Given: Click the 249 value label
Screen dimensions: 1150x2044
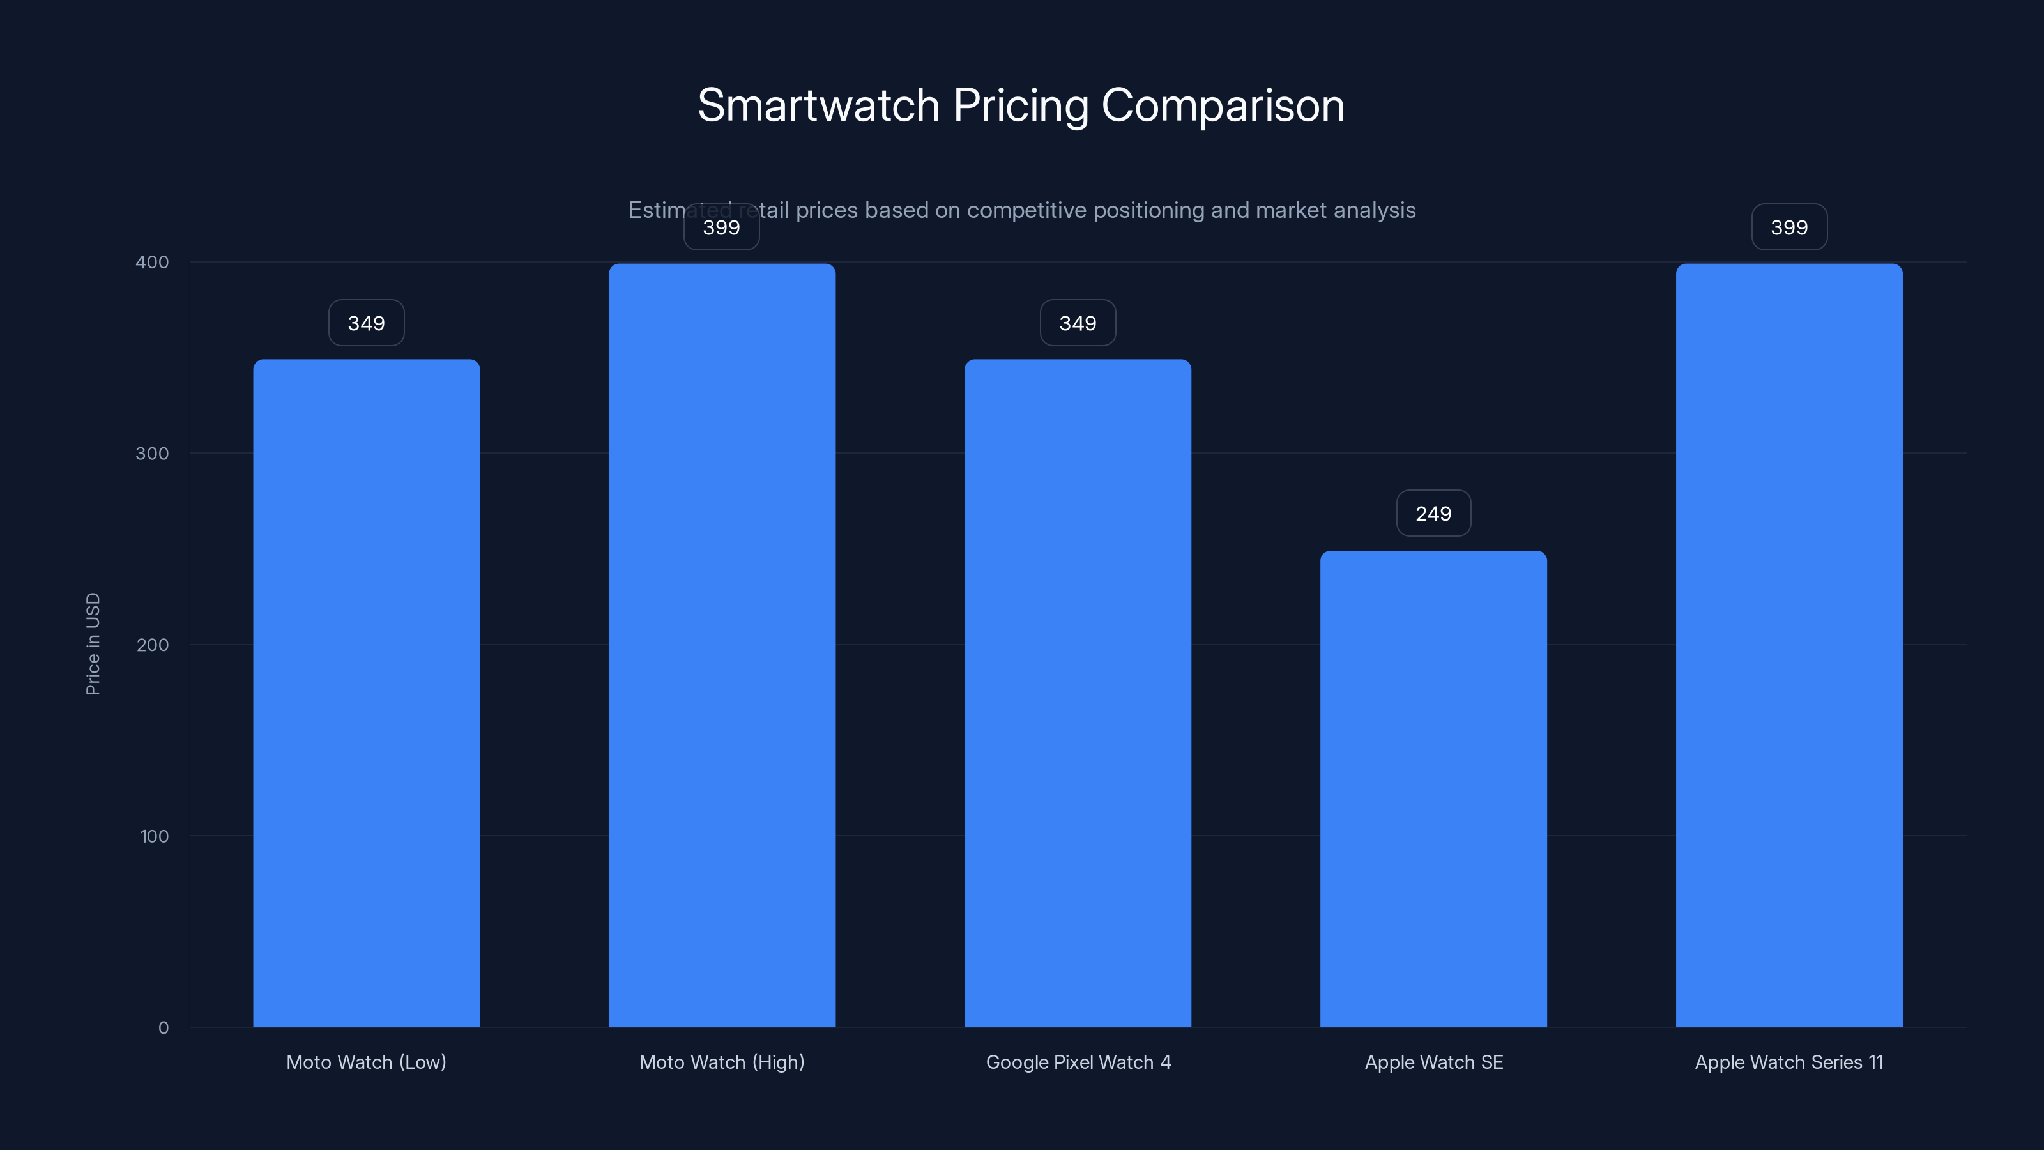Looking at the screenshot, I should click(1433, 514).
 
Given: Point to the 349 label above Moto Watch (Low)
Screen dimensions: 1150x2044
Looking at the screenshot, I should click(366, 323).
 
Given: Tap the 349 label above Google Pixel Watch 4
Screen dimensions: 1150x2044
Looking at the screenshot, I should click(1078, 323).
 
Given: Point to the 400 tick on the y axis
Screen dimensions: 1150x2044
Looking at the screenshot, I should click(153, 262).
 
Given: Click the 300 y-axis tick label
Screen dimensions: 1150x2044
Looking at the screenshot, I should click(153, 453).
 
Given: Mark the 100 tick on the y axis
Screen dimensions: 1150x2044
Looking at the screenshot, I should click(154, 836).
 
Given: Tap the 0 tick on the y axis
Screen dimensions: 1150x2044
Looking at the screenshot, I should click(164, 1028).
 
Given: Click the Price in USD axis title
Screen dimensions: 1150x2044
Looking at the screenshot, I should click(93, 643).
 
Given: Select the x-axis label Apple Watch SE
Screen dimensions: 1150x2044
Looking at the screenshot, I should click(1433, 1062).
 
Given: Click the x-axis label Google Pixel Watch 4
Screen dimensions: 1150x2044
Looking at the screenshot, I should click(1078, 1062).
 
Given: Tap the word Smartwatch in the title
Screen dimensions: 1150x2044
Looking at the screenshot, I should click(818, 105).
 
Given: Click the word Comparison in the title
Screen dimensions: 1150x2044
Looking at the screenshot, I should click(1223, 105).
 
